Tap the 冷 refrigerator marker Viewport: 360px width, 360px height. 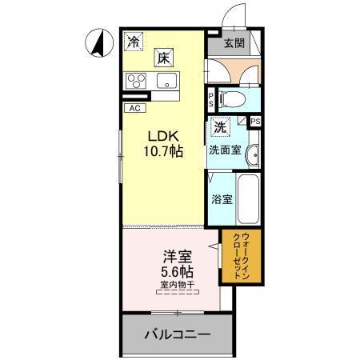[134, 43]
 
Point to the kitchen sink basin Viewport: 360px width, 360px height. [168, 80]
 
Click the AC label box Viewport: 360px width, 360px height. [134, 106]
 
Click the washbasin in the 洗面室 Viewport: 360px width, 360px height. [252, 155]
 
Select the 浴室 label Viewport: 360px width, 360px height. [222, 199]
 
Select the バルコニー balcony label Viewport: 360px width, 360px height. [177, 335]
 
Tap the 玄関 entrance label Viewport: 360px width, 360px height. [234, 43]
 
